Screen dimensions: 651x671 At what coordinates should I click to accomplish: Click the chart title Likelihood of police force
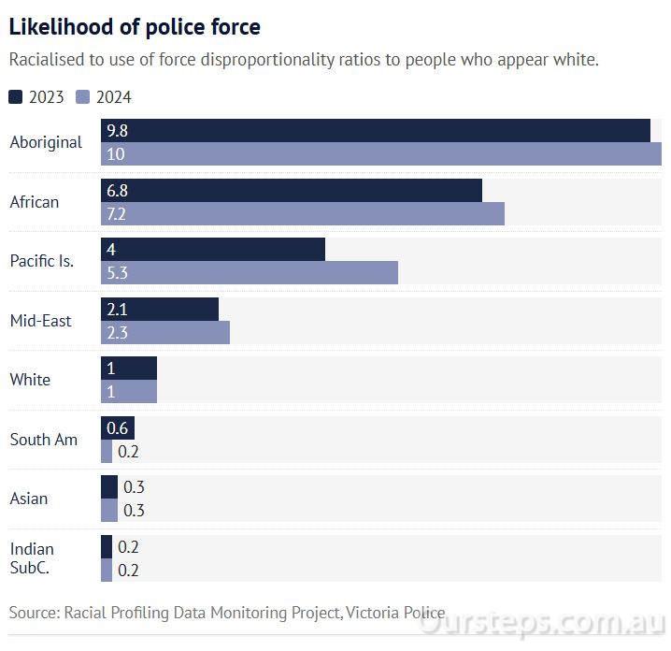(135, 27)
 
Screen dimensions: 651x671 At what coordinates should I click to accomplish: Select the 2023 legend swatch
(16, 96)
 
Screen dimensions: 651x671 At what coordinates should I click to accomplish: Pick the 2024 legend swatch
(82, 96)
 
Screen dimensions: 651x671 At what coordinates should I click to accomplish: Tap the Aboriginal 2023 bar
(375, 131)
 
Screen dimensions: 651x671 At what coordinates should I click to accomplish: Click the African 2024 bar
(302, 214)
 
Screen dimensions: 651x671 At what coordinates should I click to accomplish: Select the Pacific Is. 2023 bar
(212, 250)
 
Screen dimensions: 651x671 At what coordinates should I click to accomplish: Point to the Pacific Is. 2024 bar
(249, 273)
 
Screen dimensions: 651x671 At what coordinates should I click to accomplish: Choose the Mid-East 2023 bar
(159, 310)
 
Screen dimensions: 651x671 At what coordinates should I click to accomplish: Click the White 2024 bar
(128, 392)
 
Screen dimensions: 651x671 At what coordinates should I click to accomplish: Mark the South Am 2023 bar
(117, 428)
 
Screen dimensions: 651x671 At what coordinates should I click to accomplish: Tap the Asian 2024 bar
(108, 511)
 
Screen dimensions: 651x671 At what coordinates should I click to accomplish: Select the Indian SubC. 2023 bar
(106, 547)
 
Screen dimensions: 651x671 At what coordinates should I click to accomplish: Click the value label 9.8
(117, 131)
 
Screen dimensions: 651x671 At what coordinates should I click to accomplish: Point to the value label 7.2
(117, 214)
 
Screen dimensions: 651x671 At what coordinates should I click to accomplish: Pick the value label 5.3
(117, 273)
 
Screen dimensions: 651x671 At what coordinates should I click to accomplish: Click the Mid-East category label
(40, 321)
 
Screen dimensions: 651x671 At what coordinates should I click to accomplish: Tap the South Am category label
(43, 440)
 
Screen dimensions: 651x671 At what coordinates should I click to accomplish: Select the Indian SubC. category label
(32, 558)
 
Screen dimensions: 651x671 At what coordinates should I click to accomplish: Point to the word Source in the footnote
(33, 613)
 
